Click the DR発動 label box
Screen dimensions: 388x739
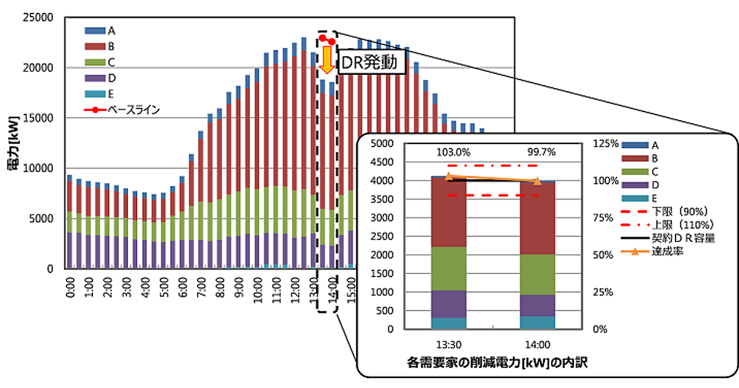tap(372, 63)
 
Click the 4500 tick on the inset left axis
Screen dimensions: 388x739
tap(384, 162)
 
